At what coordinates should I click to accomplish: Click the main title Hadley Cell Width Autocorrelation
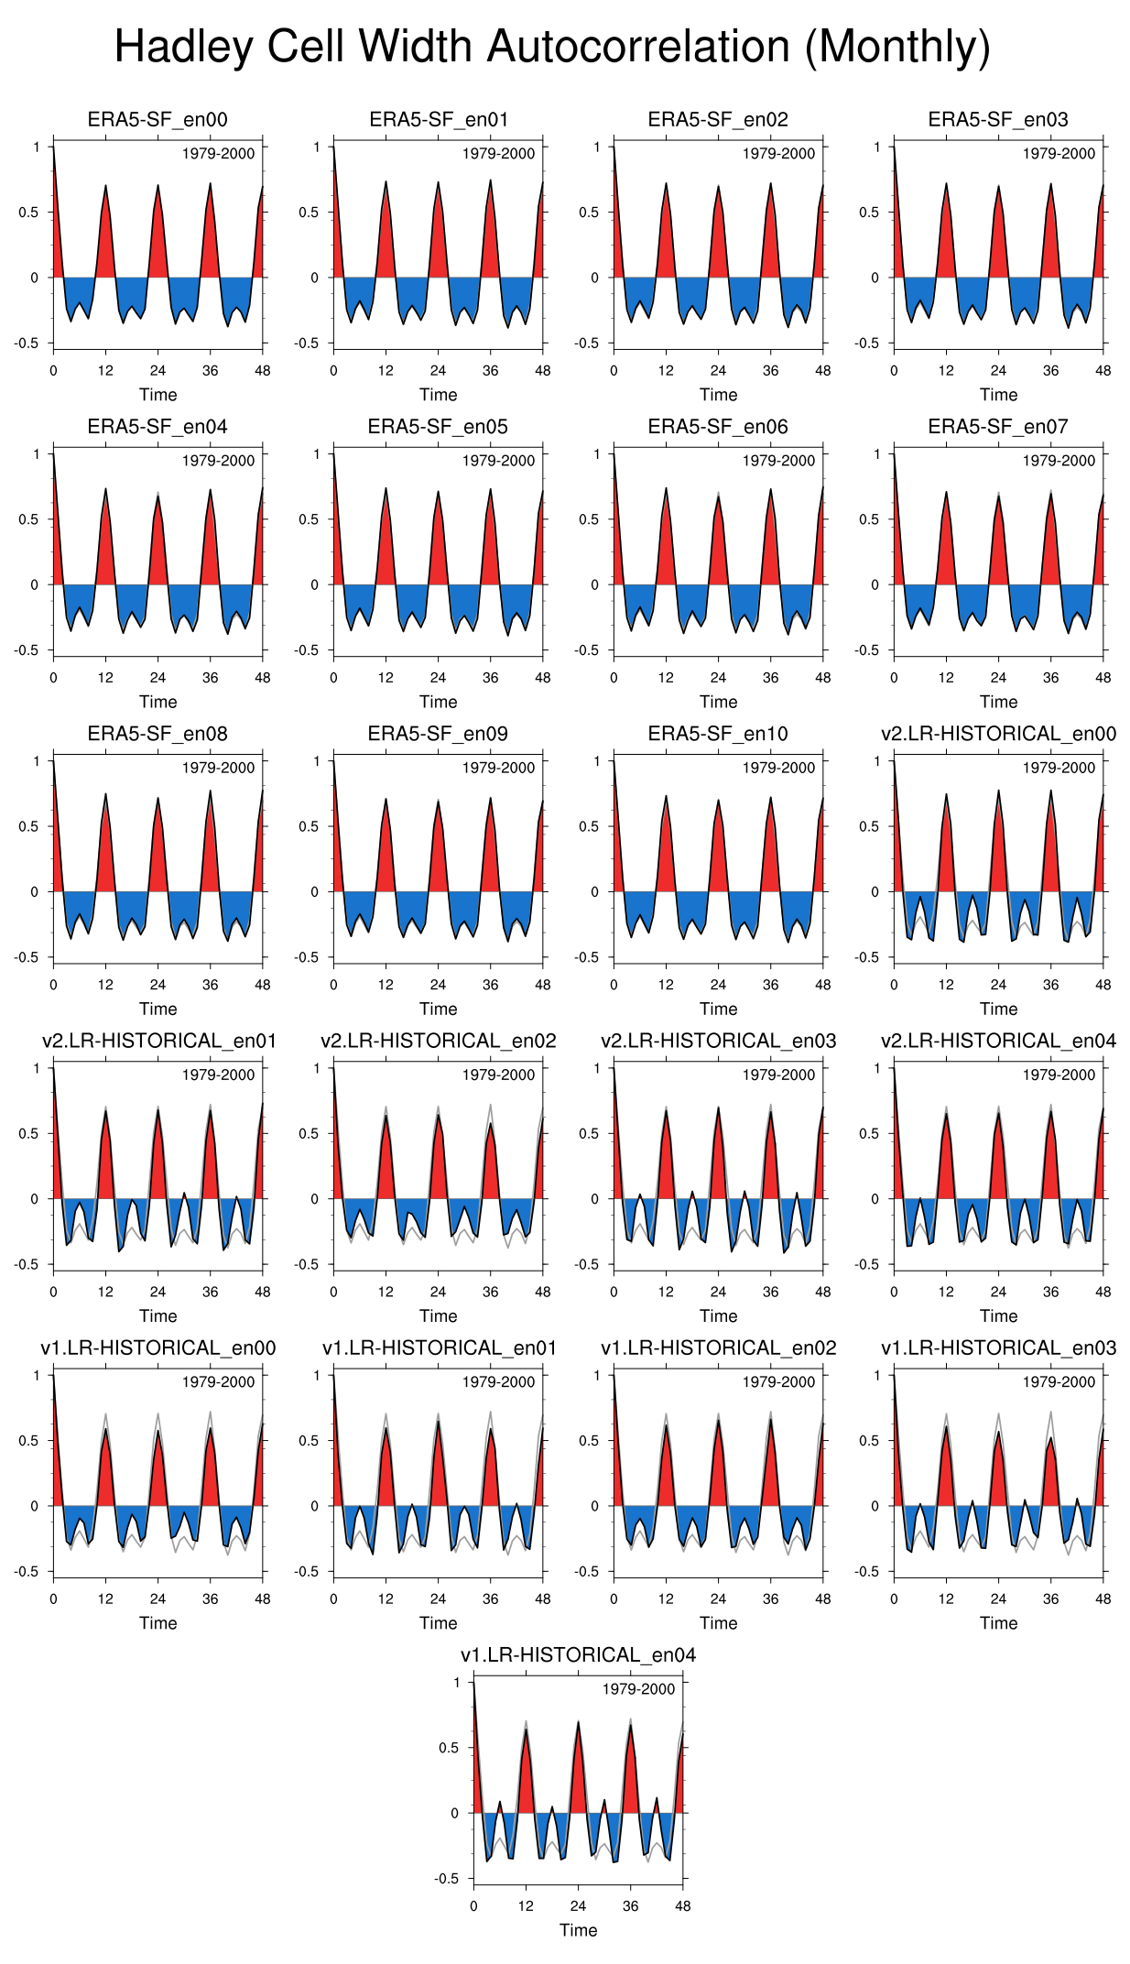tap(552, 47)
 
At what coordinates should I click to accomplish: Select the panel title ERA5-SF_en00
tap(158, 120)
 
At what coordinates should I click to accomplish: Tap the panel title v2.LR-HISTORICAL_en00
tap(998, 735)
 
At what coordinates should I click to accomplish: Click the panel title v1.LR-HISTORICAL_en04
tap(578, 1655)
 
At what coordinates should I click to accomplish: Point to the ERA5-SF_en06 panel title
tap(718, 427)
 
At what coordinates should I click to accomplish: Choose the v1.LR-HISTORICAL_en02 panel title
tap(718, 1348)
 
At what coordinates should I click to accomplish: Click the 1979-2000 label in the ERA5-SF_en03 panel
tap(1059, 154)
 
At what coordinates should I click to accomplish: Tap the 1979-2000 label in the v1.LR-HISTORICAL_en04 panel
tap(638, 1689)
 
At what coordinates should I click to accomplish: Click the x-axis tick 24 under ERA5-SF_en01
tap(438, 371)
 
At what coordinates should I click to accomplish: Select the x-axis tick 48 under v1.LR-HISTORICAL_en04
tap(683, 1906)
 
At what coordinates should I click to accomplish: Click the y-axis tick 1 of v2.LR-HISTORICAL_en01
tap(37, 1068)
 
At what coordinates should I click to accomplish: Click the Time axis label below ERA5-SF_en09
tap(438, 1009)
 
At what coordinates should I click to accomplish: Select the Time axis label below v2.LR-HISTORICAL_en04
tap(998, 1316)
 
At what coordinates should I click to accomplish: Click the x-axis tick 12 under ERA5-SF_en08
tap(105, 985)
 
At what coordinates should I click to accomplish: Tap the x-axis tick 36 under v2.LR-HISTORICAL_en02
tap(491, 1292)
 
